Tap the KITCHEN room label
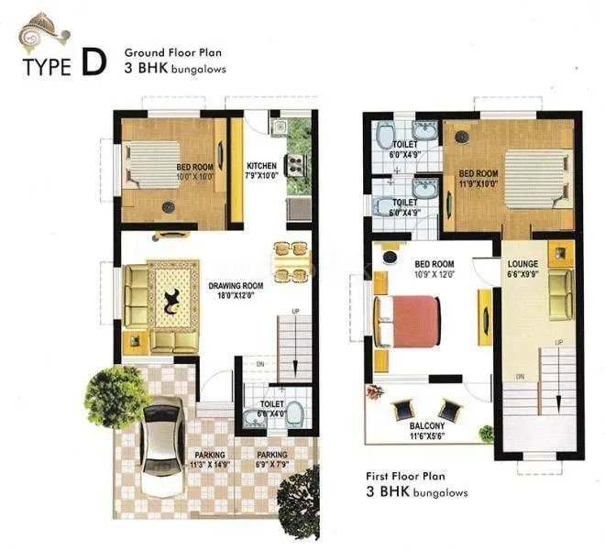[261, 166]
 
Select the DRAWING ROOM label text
[235, 285]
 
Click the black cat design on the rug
[171, 300]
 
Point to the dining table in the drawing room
[290, 260]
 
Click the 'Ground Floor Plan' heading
[174, 52]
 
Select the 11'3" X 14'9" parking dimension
[210, 465]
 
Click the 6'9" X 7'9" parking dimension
[271, 465]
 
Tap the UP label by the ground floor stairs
[294, 313]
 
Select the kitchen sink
[280, 127]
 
